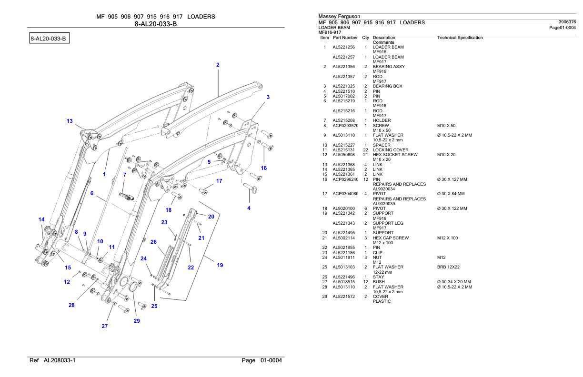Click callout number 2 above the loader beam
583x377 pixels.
coord(218,65)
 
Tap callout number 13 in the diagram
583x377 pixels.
coord(70,121)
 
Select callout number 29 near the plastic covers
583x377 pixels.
coord(137,321)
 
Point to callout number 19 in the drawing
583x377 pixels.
coord(220,265)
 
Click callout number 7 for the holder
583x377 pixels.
coord(124,175)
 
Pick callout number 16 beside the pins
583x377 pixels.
coord(264,168)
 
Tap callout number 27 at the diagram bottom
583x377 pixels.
coord(105,327)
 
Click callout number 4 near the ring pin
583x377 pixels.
coord(249,208)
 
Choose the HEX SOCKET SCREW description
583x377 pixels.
coord(395,155)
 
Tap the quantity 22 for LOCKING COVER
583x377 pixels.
coord(366,150)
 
